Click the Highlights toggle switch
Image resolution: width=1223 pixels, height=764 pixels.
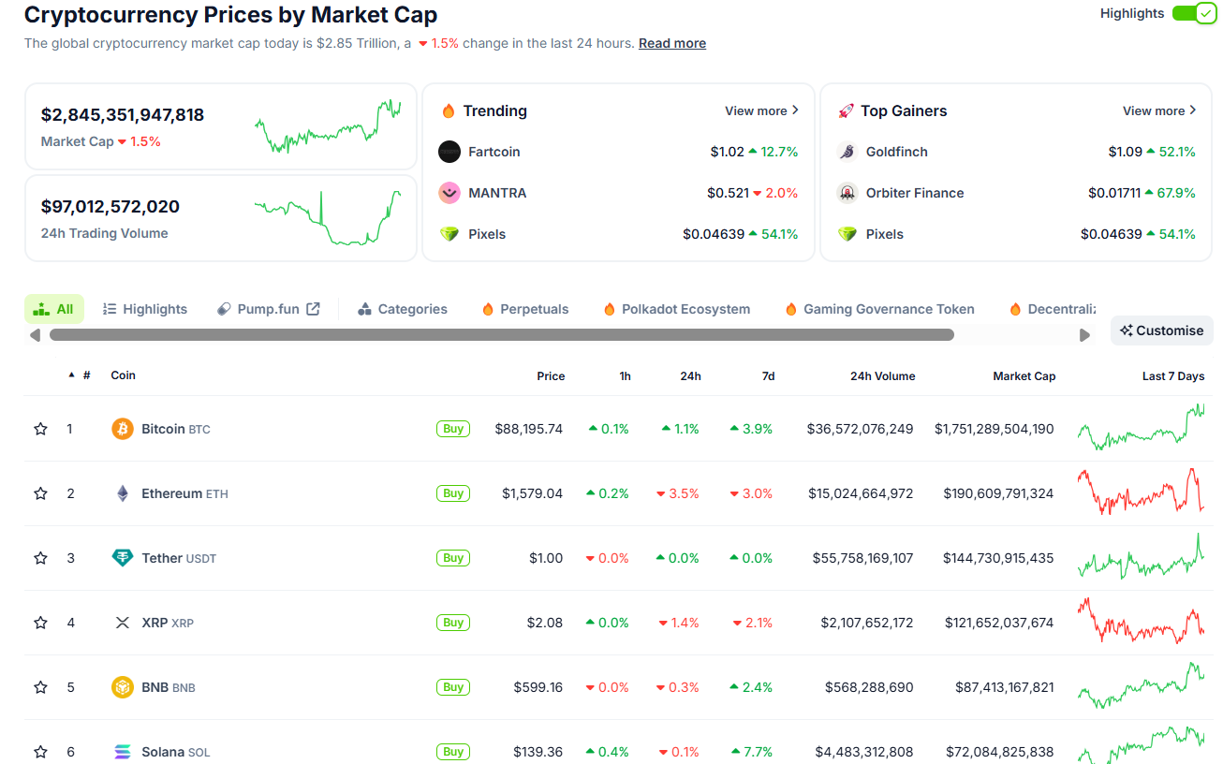(1193, 14)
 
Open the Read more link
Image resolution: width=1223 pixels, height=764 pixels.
(672, 43)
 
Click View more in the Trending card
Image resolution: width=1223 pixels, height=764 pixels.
(761, 110)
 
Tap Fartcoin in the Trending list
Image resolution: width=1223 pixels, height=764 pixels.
(494, 152)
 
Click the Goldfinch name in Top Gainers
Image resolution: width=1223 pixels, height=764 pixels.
(896, 152)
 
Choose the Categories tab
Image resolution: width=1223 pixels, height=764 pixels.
(403, 309)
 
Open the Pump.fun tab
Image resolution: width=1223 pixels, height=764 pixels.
(269, 309)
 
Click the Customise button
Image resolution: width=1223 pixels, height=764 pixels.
(1161, 331)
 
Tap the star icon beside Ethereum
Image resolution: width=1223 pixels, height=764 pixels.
(40, 493)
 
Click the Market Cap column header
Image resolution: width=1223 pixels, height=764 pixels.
(1024, 375)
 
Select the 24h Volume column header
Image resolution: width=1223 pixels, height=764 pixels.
(882, 375)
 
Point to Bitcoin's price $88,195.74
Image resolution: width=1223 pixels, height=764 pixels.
(529, 429)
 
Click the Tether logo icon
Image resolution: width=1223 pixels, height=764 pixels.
(123, 558)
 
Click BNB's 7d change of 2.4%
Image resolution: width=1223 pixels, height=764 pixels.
(751, 687)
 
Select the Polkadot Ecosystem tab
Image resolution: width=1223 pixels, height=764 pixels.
(685, 309)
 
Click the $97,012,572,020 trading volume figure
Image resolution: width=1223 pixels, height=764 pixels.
(111, 207)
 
